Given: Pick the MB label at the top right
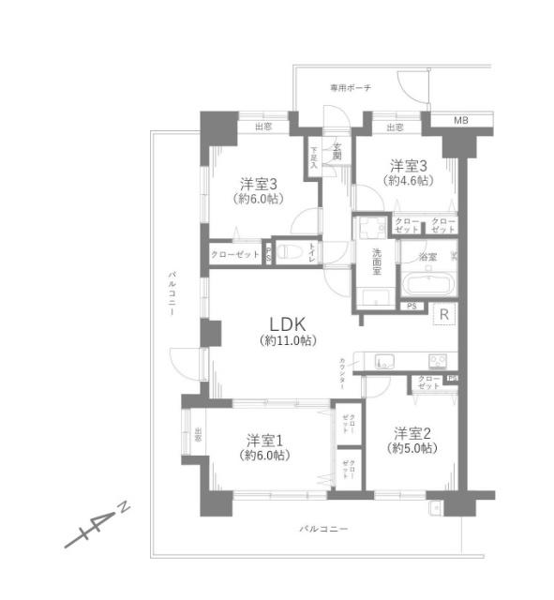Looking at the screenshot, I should (460, 121).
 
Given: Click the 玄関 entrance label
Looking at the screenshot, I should (336, 150).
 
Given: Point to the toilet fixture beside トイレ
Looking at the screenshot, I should (290, 251).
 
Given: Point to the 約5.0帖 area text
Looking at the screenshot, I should (413, 449).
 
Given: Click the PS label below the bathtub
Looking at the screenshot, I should (411, 306).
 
